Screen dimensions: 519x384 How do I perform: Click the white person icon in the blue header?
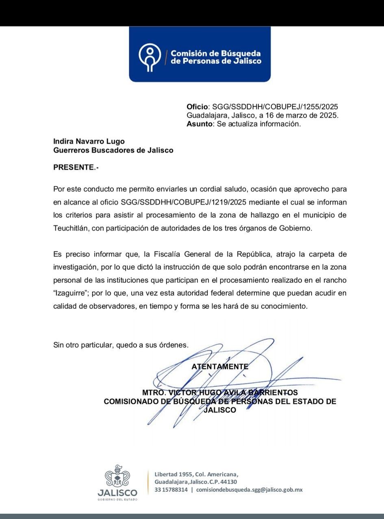pyautogui.click(x=150, y=57)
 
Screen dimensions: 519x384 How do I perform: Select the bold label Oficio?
pyautogui.click(x=197, y=107)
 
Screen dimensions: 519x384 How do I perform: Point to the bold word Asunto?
pyautogui.click(x=200, y=124)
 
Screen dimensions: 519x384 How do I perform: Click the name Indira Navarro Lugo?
pyautogui.click(x=89, y=142)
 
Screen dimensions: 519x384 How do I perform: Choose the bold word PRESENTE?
pyautogui.click(x=74, y=167)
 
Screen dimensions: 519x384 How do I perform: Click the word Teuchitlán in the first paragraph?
pyautogui.click(x=71, y=228)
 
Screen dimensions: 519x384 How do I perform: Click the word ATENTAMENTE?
pyautogui.click(x=220, y=366)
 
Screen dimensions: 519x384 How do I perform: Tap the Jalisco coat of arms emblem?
pyautogui.click(x=117, y=476)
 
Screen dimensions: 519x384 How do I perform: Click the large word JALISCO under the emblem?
pyautogui.click(x=117, y=493)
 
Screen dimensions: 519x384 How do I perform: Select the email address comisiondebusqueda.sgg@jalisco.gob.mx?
pyautogui.click(x=249, y=490)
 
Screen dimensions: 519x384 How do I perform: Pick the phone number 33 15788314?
pyautogui.click(x=171, y=490)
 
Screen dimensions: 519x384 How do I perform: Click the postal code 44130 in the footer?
pyautogui.click(x=229, y=482)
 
